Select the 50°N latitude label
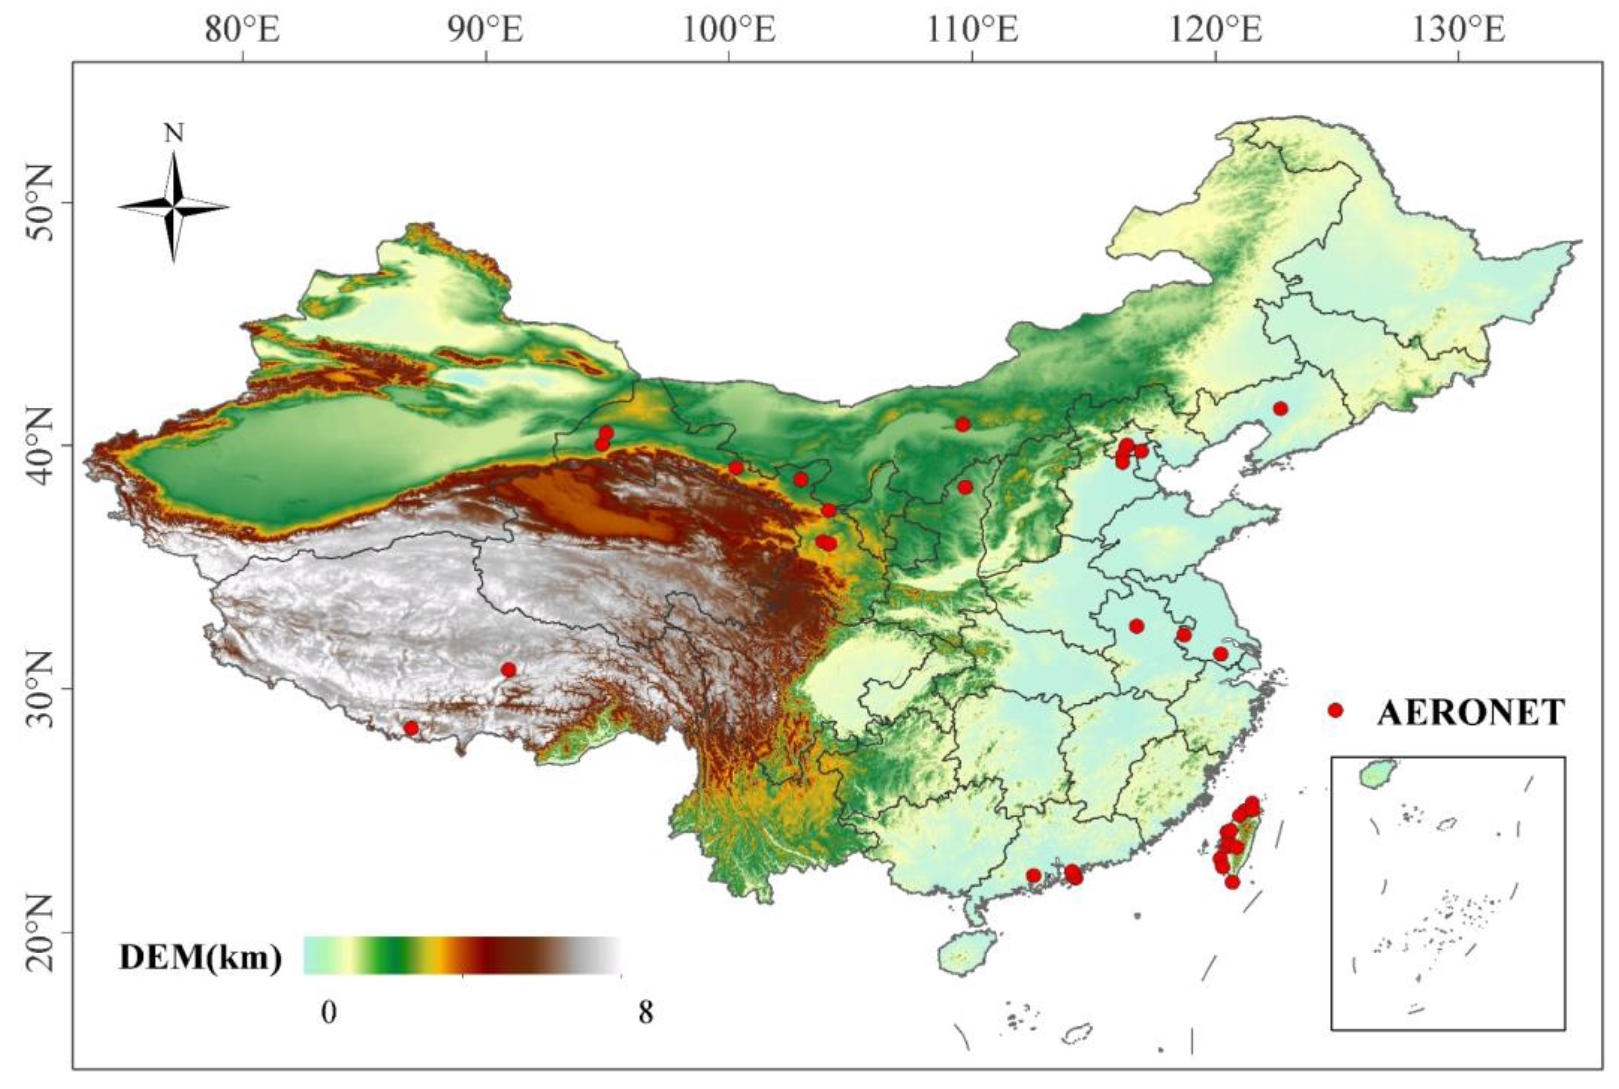[x=40, y=203]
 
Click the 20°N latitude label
[x=40, y=933]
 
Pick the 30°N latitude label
[x=40, y=689]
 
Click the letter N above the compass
[x=174, y=134]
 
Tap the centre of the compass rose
[x=174, y=207]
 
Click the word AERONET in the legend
[x=1471, y=712]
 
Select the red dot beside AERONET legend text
[x=1334, y=710]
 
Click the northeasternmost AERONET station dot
[x=1281, y=408]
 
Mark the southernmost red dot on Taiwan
[x=1232, y=882]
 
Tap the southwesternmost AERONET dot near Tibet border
[x=411, y=728]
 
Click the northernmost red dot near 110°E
[x=962, y=424]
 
